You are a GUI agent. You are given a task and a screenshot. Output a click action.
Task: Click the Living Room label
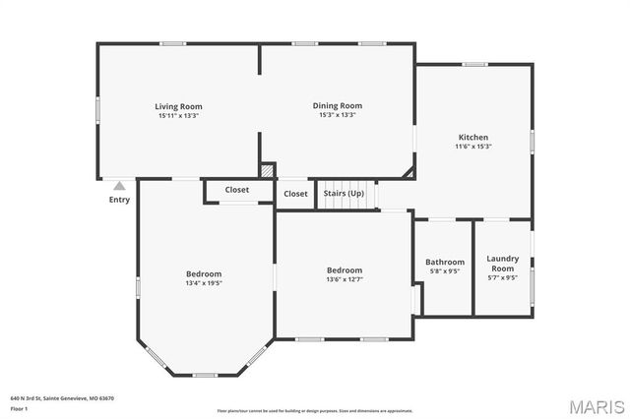pos(178,106)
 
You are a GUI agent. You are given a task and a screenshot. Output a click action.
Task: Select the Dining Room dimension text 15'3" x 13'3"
pos(337,115)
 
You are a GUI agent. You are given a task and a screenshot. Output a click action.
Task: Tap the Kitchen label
pos(472,137)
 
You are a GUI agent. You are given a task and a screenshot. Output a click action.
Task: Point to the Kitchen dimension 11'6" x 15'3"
pos(472,147)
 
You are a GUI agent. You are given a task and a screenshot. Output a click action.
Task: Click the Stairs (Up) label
pos(345,194)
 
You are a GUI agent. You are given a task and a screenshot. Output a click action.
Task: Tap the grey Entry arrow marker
pos(119,185)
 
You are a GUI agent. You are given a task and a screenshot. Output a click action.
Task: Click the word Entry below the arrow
pos(119,200)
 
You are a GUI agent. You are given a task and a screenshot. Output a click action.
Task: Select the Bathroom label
pos(445,262)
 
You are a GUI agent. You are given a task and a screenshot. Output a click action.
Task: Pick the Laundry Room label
pos(503,264)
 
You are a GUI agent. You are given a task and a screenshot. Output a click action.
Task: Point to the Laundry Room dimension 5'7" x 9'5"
pos(503,278)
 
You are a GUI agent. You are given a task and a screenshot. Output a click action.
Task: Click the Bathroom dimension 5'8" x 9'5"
pos(445,271)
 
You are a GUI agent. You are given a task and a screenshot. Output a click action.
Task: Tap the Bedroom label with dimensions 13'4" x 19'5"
pos(204,273)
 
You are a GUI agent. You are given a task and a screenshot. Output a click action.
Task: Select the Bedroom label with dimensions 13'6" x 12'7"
pos(345,269)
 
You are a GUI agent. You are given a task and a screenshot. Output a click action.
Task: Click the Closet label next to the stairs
pos(295,194)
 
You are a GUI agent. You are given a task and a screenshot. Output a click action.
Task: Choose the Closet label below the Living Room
pos(237,190)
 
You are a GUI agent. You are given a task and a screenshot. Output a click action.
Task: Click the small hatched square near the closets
pos(267,170)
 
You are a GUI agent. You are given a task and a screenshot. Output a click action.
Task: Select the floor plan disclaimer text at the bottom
pos(315,411)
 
